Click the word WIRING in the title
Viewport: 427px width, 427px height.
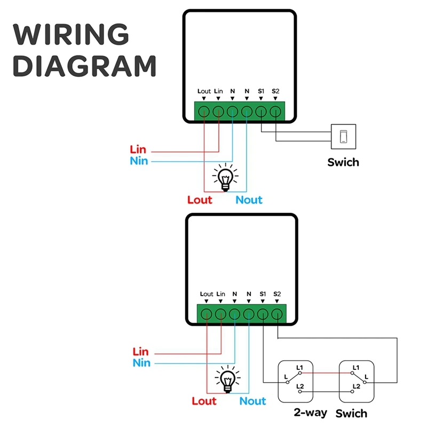coord(71,34)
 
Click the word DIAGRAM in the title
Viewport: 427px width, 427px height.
coord(84,66)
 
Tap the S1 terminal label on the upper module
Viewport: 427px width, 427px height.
coord(261,91)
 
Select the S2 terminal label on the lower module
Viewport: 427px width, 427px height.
coord(277,294)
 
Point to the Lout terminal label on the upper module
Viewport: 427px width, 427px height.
coord(204,91)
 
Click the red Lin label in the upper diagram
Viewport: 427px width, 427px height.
coord(138,149)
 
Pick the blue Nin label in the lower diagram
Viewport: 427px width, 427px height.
coord(141,363)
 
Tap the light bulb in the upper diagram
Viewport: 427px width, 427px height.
coord(225,177)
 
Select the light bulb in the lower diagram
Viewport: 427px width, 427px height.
coord(228,379)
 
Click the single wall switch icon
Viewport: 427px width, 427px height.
coord(343,137)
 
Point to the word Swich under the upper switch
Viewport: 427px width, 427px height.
coord(343,162)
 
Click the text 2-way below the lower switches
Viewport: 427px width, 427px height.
coord(310,413)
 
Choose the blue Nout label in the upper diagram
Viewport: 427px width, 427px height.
coord(249,200)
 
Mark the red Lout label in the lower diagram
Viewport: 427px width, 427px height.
coord(204,401)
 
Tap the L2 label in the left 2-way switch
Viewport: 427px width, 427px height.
coord(300,386)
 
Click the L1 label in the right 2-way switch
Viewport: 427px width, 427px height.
coord(355,367)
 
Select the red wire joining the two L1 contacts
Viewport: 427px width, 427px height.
coord(326,373)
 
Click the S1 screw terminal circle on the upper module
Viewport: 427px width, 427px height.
coord(261,112)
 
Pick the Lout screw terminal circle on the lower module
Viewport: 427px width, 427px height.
coord(206,314)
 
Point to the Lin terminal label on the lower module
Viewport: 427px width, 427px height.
coord(220,294)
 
